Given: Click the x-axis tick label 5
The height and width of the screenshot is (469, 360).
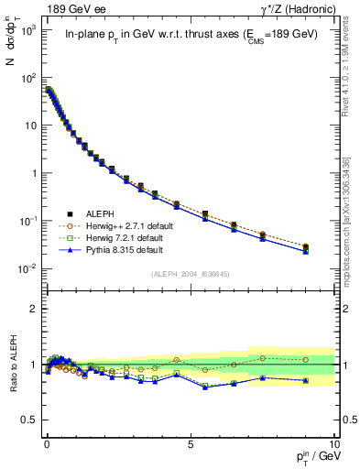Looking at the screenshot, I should click(191, 442).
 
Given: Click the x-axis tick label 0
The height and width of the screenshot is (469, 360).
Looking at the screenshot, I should click(47, 442).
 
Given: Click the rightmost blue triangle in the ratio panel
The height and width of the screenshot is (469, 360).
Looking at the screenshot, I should click(305, 380).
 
